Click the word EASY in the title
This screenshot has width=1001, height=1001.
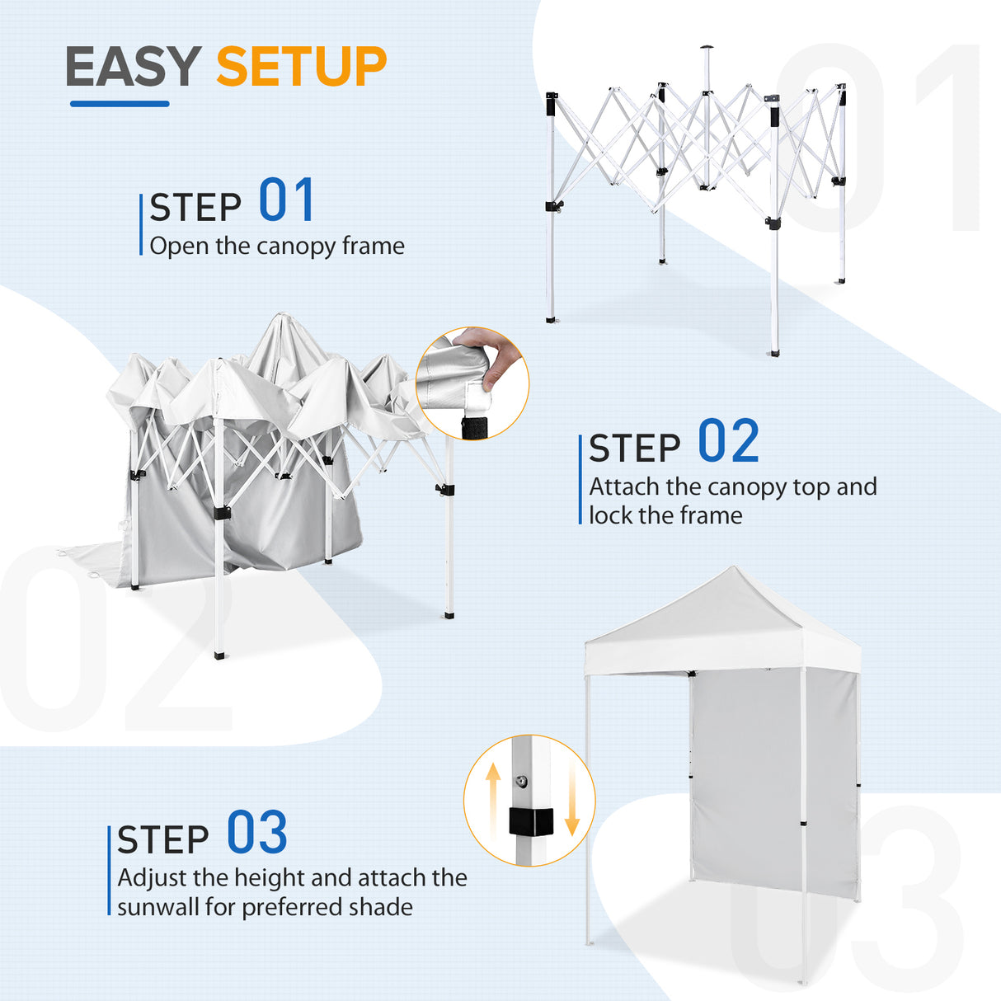pos(133,67)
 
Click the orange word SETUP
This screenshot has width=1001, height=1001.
pos(301,67)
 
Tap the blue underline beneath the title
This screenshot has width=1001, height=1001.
pos(120,104)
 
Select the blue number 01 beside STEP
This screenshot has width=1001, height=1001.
pos(286,201)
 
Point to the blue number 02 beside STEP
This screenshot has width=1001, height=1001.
pos(728,442)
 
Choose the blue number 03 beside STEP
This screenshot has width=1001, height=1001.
pos(256,834)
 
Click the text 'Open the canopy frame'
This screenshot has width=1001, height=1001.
pos(277,246)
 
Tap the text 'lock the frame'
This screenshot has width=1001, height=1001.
pos(665,515)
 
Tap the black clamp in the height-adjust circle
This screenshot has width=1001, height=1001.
pos(529,821)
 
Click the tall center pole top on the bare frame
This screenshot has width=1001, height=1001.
pos(706,51)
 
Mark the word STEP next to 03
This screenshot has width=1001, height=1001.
pos(163,840)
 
